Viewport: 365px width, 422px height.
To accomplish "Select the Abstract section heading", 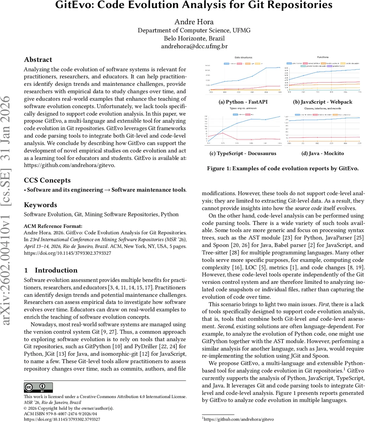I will point(38,60).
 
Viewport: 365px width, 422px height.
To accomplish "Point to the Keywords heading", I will point(40,205).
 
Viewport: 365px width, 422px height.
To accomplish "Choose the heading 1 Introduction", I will point(51,270).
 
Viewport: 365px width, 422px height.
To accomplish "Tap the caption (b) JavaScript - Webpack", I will point(322,102).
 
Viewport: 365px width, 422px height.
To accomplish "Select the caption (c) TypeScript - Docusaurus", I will point(243,153).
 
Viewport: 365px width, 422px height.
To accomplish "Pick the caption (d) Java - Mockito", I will point(322,153).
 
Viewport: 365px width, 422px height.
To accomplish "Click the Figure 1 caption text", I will point(283,168).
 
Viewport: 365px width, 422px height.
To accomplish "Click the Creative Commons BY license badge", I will point(38,388).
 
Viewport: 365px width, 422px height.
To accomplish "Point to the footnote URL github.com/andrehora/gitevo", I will point(239,419).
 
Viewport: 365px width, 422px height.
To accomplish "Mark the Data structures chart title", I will point(243,57).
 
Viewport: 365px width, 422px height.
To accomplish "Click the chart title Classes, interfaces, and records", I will point(322,108).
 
